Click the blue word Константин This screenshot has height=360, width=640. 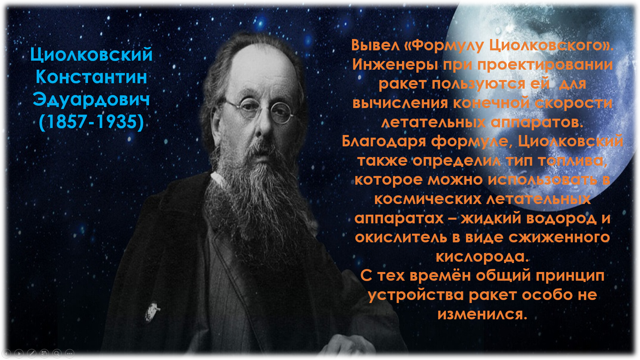91,77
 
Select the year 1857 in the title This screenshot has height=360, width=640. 67,121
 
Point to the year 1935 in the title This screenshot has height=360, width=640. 117,121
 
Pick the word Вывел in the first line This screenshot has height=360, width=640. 375,45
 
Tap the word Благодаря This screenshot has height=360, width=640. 384,142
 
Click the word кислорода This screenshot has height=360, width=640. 482,257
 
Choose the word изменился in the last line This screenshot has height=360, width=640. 482,314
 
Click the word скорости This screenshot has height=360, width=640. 574,103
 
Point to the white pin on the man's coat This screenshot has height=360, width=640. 152,312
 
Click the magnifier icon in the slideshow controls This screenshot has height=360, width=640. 57,353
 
